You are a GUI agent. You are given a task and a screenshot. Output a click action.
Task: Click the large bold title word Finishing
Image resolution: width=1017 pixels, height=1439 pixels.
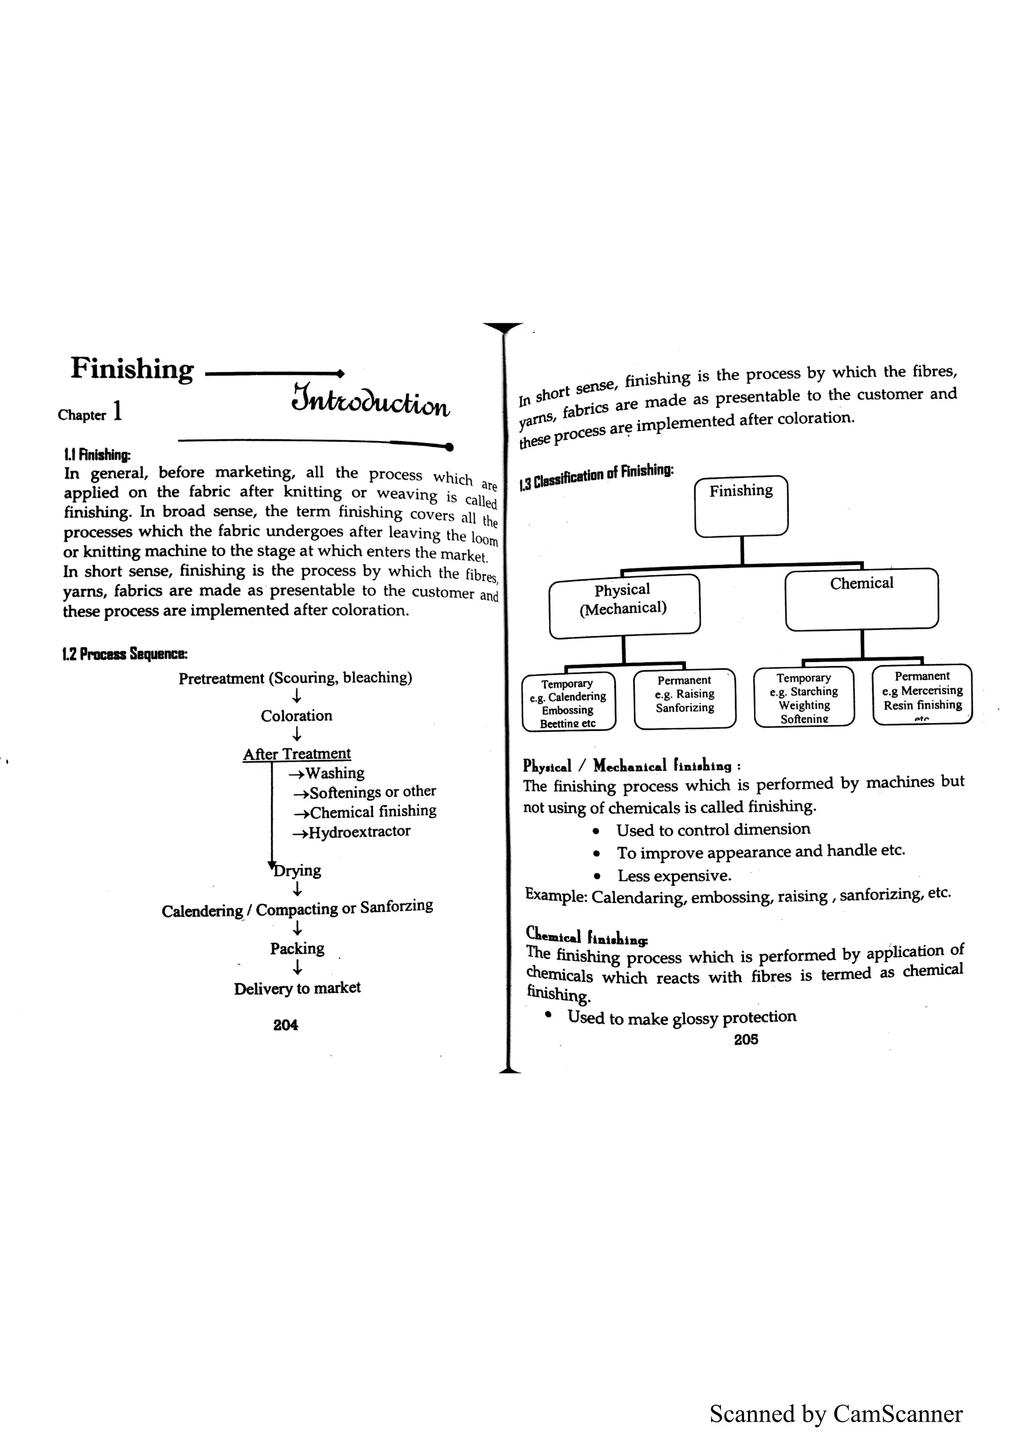click(x=132, y=368)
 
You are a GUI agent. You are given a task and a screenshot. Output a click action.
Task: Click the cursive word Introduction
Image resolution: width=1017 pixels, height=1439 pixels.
click(x=370, y=401)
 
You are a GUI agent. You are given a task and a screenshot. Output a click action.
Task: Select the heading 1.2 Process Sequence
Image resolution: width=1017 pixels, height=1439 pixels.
click(x=125, y=654)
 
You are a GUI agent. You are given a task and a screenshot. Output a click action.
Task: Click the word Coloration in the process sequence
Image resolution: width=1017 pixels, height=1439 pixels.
click(x=296, y=716)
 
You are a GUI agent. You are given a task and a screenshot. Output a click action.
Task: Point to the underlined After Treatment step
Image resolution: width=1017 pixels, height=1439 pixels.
click(x=296, y=753)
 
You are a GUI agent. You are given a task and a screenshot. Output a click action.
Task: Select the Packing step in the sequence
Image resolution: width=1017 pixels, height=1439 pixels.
click(x=297, y=948)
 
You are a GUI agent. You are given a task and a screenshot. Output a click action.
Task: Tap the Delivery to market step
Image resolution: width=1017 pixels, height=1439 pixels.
click(x=297, y=988)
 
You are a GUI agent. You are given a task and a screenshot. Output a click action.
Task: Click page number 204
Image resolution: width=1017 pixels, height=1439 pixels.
click(x=286, y=1025)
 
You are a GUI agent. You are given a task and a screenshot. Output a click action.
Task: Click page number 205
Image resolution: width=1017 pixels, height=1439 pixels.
click(x=746, y=1039)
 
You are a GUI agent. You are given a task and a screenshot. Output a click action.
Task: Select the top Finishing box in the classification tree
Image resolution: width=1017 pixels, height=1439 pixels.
click(x=741, y=506)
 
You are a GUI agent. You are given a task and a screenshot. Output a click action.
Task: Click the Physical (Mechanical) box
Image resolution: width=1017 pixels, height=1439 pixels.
click(x=624, y=605)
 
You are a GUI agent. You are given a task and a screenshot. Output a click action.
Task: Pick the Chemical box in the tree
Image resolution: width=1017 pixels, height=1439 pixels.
click(x=862, y=598)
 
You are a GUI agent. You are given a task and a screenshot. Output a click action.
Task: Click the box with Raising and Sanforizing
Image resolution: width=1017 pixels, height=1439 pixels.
click(x=684, y=698)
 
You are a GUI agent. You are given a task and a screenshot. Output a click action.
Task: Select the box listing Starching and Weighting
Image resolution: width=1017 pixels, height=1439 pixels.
click(x=804, y=697)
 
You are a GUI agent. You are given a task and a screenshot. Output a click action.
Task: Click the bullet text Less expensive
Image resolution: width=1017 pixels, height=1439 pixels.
click(x=674, y=875)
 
